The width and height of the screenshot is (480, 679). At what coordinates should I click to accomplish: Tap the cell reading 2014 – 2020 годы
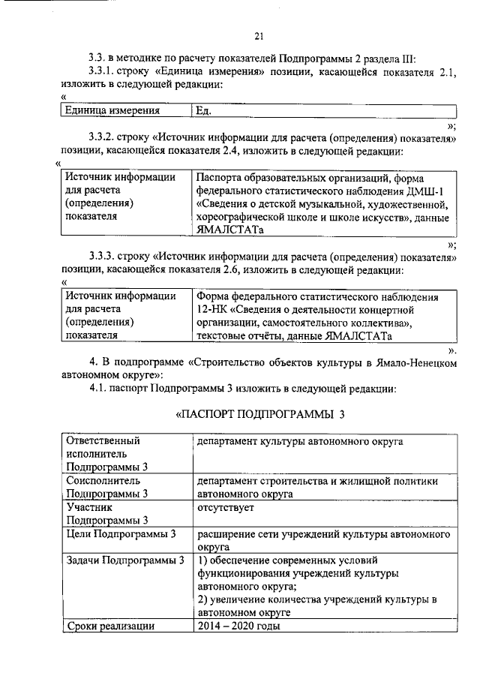pos(238,626)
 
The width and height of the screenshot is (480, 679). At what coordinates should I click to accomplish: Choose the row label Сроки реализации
pos(110,626)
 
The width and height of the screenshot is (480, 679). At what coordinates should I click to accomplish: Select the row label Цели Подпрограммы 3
pos(121,534)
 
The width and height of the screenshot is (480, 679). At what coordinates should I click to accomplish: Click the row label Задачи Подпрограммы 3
pos(125,560)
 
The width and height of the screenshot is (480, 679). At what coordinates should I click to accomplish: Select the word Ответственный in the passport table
pos(103,441)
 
